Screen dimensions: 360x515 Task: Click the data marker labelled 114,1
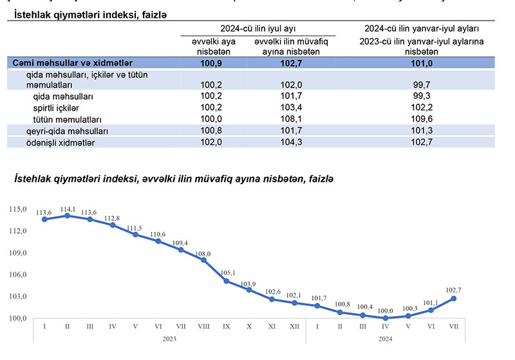(x=67, y=216)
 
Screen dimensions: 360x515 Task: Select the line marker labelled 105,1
(x=226, y=281)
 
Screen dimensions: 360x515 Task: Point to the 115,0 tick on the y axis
(x=17, y=209)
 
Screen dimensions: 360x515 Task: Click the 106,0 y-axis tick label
(x=17, y=275)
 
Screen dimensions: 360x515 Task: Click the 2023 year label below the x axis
(x=169, y=338)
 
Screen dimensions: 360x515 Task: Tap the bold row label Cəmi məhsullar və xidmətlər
(x=73, y=62)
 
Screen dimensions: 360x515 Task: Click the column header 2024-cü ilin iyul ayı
(x=257, y=28)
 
